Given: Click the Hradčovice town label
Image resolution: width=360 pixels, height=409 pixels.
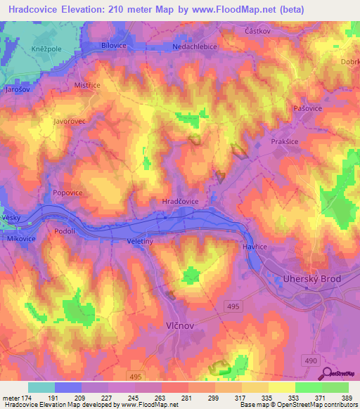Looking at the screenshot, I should [x=181, y=202].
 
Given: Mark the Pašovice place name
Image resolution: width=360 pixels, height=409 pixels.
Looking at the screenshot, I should [x=307, y=109].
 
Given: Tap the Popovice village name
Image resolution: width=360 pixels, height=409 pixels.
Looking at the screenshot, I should [x=69, y=191].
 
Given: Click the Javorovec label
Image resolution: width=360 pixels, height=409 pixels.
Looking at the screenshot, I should [x=69, y=121].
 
